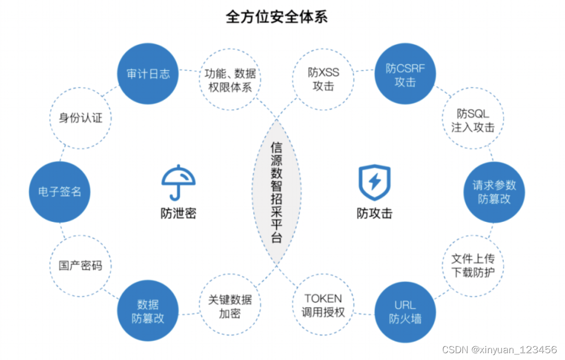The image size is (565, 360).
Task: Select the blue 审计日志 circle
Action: [x=148, y=74]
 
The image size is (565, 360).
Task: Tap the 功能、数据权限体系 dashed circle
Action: [x=230, y=80]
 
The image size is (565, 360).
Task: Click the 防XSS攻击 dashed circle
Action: [x=323, y=80]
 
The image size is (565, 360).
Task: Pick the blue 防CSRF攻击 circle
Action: [x=405, y=74]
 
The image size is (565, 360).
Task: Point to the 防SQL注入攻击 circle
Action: [x=473, y=120]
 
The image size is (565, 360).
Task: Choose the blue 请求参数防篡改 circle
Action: [x=494, y=192]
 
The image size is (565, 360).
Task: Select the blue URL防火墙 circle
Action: [x=405, y=312]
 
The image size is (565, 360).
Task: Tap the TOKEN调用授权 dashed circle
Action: [x=323, y=306]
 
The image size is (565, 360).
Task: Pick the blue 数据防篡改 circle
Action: [x=148, y=311]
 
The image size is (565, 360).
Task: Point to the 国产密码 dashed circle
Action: [x=80, y=265]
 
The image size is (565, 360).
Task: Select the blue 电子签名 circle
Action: [x=59, y=192]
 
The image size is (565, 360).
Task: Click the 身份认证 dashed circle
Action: [x=81, y=118]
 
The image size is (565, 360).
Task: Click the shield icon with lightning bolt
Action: [x=374, y=182]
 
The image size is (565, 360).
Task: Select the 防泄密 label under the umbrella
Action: [x=178, y=213]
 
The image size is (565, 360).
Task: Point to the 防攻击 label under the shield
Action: [x=374, y=213]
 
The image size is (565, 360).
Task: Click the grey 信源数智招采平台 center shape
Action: [x=276, y=192]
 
